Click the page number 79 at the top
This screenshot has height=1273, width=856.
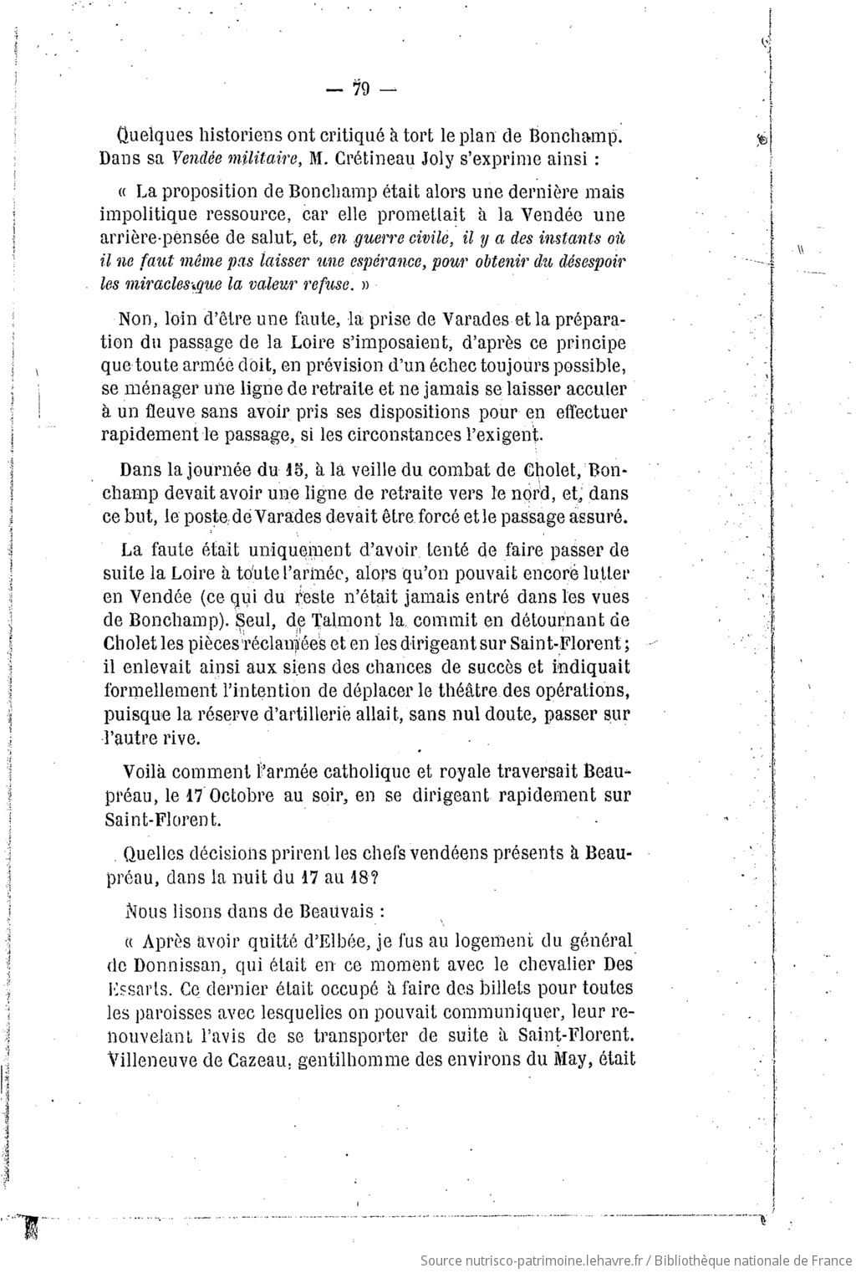click(361, 89)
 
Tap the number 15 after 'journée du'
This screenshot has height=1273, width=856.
click(292, 472)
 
